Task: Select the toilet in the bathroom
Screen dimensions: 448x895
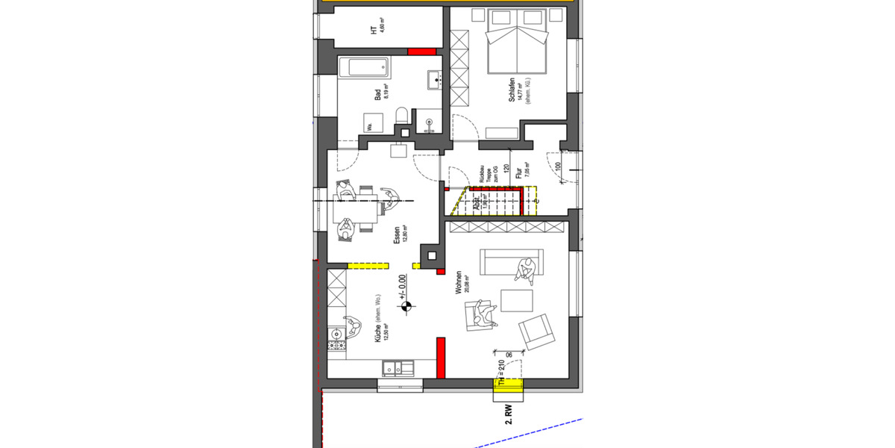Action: click(x=401, y=115)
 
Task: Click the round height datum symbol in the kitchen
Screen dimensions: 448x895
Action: click(x=406, y=305)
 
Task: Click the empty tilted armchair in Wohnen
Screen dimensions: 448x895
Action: click(x=538, y=331)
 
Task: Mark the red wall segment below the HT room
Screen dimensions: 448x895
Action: click(x=421, y=52)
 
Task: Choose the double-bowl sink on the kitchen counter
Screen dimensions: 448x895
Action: click(x=398, y=367)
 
